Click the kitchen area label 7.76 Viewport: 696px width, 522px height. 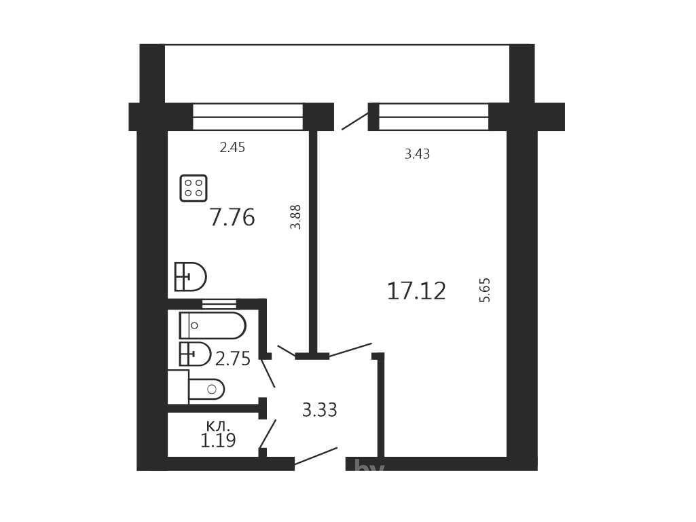point(232,217)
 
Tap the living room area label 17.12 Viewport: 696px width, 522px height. point(416,291)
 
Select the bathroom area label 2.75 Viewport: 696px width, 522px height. point(233,358)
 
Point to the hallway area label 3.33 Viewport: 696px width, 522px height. point(320,410)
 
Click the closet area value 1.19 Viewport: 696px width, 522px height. point(218,441)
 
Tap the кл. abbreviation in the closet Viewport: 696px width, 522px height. point(219,426)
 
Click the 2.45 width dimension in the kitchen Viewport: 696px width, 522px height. point(232,147)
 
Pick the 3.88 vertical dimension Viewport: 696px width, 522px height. point(295,217)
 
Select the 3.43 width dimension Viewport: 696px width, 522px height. point(417,154)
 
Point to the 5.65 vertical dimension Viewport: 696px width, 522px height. point(484,291)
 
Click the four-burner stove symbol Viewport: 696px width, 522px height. point(194,188)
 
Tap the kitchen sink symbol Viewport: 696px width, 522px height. point(190,276)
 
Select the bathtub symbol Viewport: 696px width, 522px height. point(213,325)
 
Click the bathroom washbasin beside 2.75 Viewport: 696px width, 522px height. point(195,354)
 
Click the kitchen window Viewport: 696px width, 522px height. point(248,117)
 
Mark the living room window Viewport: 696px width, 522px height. point(434,117)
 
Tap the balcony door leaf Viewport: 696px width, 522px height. point(355,122)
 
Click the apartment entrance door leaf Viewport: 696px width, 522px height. point(316,456)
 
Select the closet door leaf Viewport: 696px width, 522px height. point(268,434)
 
